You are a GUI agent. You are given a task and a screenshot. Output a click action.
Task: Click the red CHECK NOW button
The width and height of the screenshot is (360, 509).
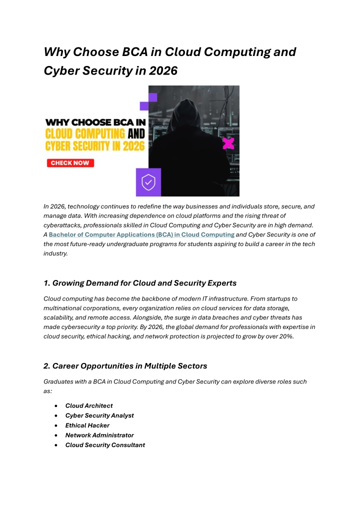point(70,163)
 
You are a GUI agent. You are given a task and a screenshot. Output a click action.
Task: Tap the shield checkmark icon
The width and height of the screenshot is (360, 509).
point(148,182)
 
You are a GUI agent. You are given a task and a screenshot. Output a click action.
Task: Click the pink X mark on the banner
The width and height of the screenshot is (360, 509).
point(228,143)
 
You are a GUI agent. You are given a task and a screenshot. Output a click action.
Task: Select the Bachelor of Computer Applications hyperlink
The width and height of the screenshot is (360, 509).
point(141,234)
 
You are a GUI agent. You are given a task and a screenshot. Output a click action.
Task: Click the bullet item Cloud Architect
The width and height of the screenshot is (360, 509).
point(89,405)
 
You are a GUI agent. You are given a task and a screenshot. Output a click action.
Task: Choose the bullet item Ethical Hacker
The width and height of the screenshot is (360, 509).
point(87,425)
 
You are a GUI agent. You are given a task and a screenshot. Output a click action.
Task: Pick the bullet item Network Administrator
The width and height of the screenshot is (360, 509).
point(99,435)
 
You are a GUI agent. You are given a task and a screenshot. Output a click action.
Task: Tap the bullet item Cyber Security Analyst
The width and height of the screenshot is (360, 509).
point(99,415)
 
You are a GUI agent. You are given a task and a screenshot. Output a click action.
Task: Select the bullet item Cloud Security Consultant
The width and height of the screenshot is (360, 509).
point(105,445)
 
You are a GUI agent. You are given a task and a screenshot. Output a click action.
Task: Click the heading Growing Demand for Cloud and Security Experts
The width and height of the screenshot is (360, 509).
point(140,283)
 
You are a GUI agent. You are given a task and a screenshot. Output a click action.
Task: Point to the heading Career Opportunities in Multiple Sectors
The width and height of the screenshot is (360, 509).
point(125,366)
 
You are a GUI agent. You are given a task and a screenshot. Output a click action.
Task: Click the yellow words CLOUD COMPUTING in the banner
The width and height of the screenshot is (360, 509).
point(85,133)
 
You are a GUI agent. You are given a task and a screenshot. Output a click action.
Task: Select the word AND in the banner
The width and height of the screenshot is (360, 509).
point(136,133)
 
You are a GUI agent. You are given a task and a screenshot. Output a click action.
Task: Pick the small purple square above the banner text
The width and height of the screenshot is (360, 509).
point(144,105)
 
